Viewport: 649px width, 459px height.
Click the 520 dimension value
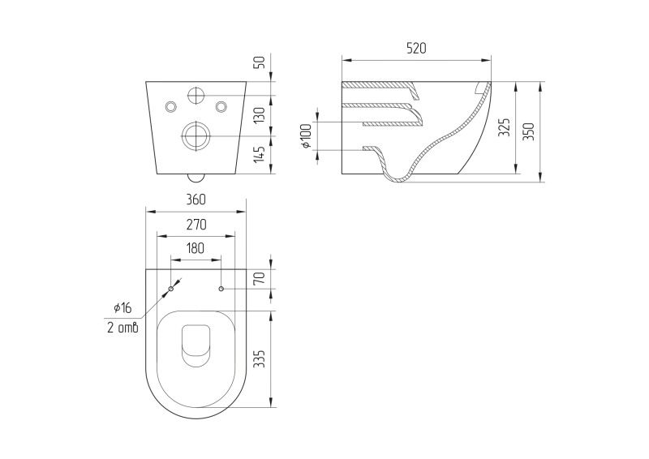click(416, 48)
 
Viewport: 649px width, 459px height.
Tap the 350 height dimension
click(528, 131)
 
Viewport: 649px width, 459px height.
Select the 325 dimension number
click(504, 127)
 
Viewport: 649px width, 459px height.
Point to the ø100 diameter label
click(306, 135)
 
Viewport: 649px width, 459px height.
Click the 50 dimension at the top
click(259, 62)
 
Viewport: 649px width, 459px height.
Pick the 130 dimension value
click(259, 115)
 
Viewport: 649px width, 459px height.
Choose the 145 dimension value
click(259, 153)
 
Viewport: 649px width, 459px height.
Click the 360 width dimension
click(196, 199)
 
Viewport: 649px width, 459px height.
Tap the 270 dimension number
click(196, 225)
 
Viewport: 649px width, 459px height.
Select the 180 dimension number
click(196, 248)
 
